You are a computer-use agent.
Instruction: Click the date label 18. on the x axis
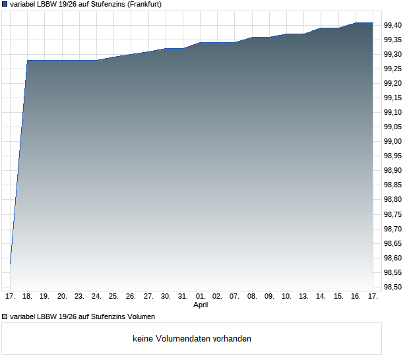(27, 297)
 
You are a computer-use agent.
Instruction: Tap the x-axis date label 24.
(96, 297)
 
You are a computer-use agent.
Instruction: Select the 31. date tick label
(183, 297)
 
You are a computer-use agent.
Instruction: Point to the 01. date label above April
(201, 297)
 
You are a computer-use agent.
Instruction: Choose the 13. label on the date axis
(304, 297)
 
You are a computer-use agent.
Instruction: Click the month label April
(201, 305)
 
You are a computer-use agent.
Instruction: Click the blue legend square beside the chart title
(5, 4)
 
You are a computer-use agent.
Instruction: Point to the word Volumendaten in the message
(184, 339)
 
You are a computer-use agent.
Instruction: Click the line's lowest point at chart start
(10, 264)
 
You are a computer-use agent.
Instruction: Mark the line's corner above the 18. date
(27, 61)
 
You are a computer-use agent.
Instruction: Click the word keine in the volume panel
(143, 339)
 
